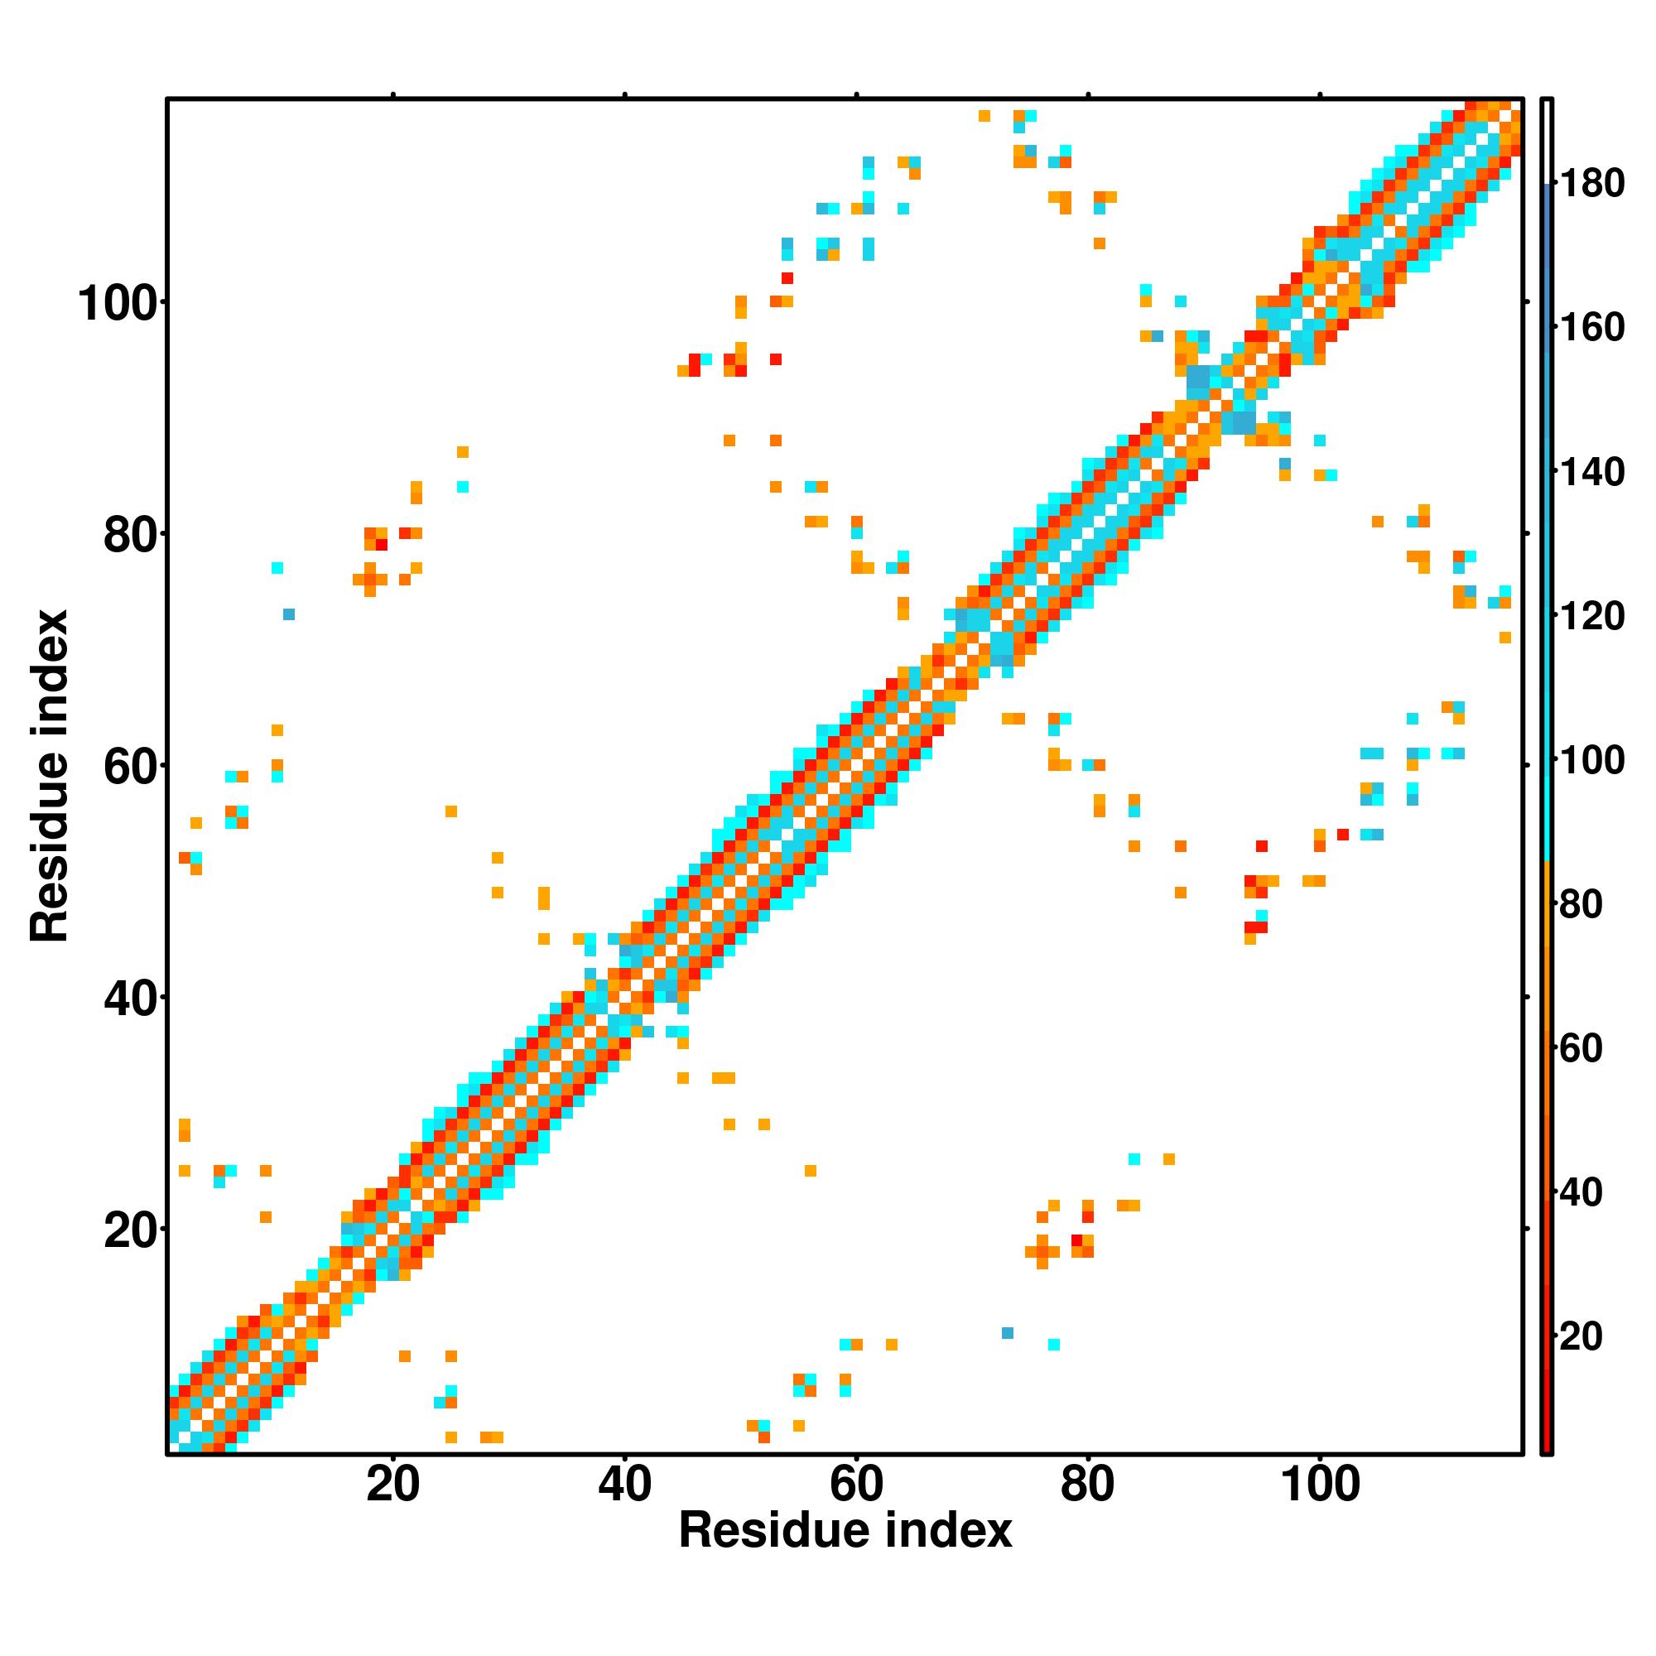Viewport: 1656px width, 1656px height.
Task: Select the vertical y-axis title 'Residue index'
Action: point(49,776)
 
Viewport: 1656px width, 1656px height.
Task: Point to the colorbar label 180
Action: point(1591,184)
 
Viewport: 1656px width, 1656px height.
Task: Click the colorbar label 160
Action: point(1591,327)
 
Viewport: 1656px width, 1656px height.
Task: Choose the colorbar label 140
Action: point(1591,472)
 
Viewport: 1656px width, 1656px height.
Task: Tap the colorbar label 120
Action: point(1591,616)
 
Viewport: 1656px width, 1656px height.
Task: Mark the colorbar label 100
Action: point(1591,760)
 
